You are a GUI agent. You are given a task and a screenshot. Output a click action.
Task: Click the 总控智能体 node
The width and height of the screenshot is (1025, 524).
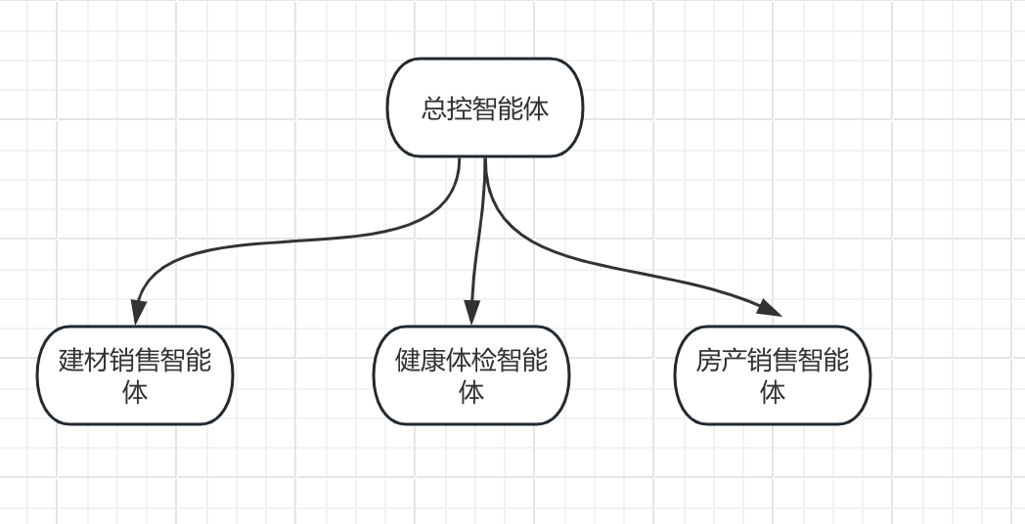(485, 108)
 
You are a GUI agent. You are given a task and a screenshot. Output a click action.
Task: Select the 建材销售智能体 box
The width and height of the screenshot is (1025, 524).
(135, 375)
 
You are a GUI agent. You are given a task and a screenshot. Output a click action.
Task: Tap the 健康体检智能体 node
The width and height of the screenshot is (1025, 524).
(471, 375)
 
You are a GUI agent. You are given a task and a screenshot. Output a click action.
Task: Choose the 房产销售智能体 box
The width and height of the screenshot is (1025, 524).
(773, 375)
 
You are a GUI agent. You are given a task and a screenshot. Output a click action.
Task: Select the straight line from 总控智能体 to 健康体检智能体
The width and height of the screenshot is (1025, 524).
(478, 235)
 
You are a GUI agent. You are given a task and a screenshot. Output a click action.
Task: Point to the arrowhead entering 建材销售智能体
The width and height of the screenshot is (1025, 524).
(137, 312)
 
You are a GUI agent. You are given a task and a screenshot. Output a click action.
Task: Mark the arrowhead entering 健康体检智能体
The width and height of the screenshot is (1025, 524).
(471, 312)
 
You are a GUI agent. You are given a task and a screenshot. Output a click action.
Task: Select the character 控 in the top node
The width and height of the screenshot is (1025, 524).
(460, 109)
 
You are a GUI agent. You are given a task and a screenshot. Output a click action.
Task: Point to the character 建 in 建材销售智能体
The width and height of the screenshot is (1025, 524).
(71, 361)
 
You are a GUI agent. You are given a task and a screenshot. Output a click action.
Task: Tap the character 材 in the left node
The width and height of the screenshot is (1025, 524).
(97, 361)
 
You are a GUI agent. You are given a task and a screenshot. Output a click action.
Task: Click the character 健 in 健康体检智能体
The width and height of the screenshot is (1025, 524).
(408, 361)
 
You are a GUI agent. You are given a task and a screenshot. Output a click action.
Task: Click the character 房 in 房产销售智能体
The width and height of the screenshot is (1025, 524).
(709, 361)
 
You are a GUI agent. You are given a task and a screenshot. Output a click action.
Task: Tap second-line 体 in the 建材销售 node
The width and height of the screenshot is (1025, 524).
(135, 392)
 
